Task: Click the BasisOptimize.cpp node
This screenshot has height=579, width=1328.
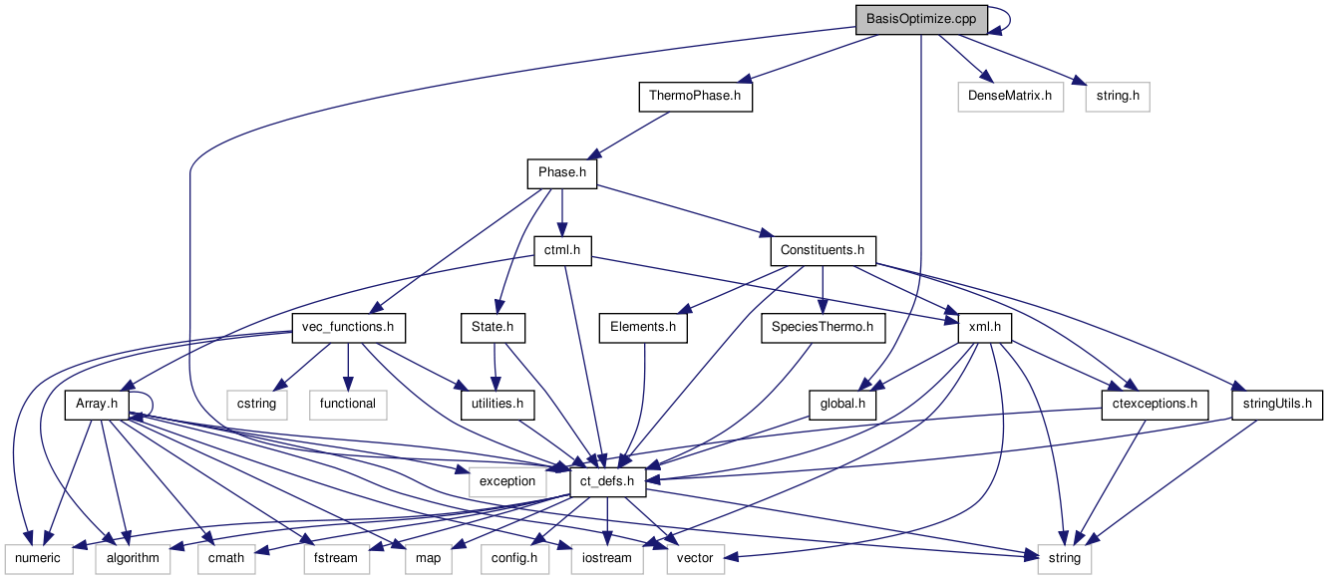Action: click(x=921, y=19)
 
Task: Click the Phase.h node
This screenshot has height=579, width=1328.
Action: click(x=561, y=173)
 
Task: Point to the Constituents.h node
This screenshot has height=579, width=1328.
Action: click(x=823, y=250)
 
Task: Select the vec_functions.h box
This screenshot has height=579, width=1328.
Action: click(x=348, y=327)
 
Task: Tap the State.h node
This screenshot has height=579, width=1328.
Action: click(x=493, y=327)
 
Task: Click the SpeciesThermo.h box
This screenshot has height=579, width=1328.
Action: click(x=823, y=327)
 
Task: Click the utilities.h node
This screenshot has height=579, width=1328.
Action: click(x=493, y=404)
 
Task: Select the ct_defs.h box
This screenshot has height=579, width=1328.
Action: click(x=607, y=481)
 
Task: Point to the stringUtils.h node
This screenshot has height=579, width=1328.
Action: click(x=1277, y=404)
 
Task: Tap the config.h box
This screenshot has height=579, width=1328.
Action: click(x=514, y=558)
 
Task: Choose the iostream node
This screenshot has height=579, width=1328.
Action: click(x=606, y=558)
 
